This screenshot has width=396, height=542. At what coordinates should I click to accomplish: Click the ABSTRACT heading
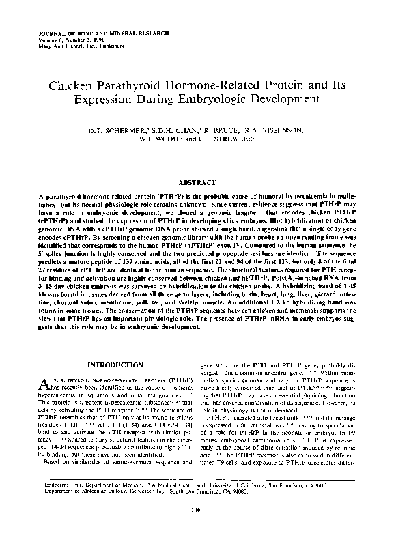coord(197,183)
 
